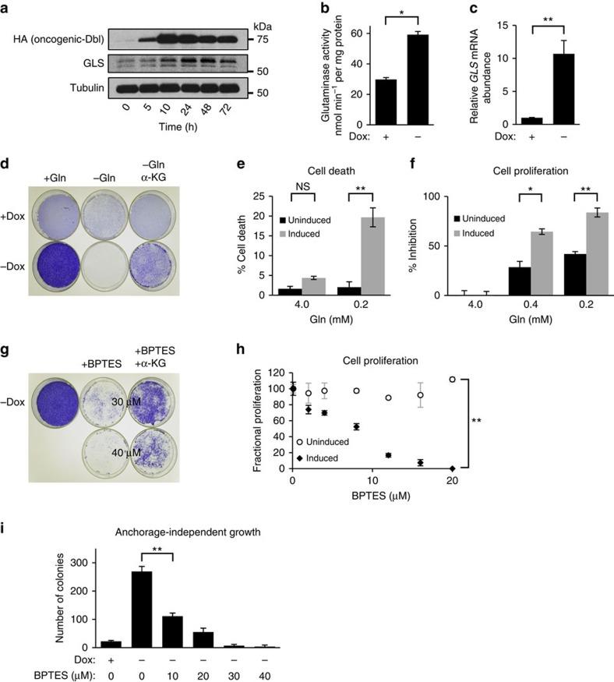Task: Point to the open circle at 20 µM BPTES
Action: [453, 380]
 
